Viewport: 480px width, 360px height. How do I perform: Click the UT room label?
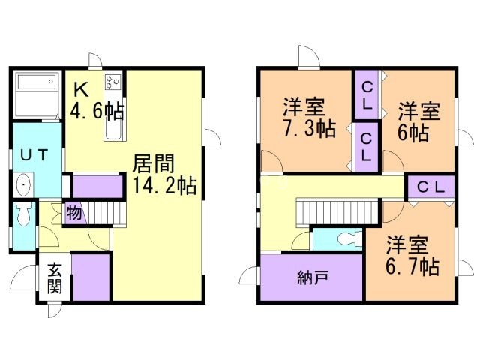coord(34,156)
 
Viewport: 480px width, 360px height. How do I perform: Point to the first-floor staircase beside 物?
coord(103,211)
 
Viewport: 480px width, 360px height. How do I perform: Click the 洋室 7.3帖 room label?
coord(307,117)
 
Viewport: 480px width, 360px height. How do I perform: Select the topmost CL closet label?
coord(367,95)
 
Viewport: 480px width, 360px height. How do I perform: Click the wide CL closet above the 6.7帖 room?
coord(430,187)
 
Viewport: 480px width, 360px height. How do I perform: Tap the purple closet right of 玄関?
coord(91,278)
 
